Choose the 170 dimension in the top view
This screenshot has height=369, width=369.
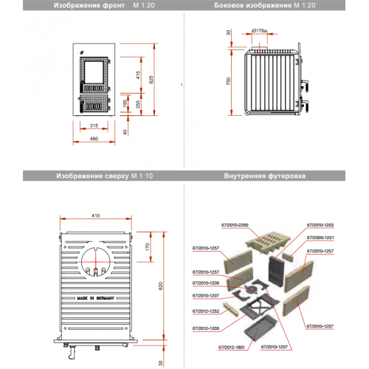click(148, 247)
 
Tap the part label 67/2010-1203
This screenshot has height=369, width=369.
click(320, 223)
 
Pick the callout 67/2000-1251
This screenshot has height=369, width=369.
click(320, 238)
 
